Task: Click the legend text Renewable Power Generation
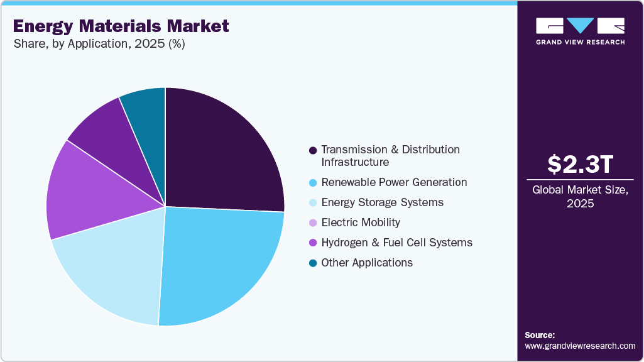click(x=394, y=182)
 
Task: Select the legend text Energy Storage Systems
click(x=382, y=202)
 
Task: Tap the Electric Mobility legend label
click(x=360, y=222)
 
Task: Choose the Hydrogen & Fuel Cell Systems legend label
click(x=396, y=243)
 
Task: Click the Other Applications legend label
click(x=367, y=263)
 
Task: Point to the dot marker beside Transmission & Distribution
click(x=312, y=150)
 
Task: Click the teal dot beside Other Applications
click(x=312, y=263)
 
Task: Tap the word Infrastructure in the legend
click(x=355, y=162)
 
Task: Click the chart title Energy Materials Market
click(x=121, y=26)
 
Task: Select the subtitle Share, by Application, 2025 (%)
click(x=98, y=44)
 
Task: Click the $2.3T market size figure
click(x=580, y=165)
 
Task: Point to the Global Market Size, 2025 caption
click(x=580, y=197)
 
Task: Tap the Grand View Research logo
click(x=580, y=31)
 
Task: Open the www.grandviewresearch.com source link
click(x=580, y=346)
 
